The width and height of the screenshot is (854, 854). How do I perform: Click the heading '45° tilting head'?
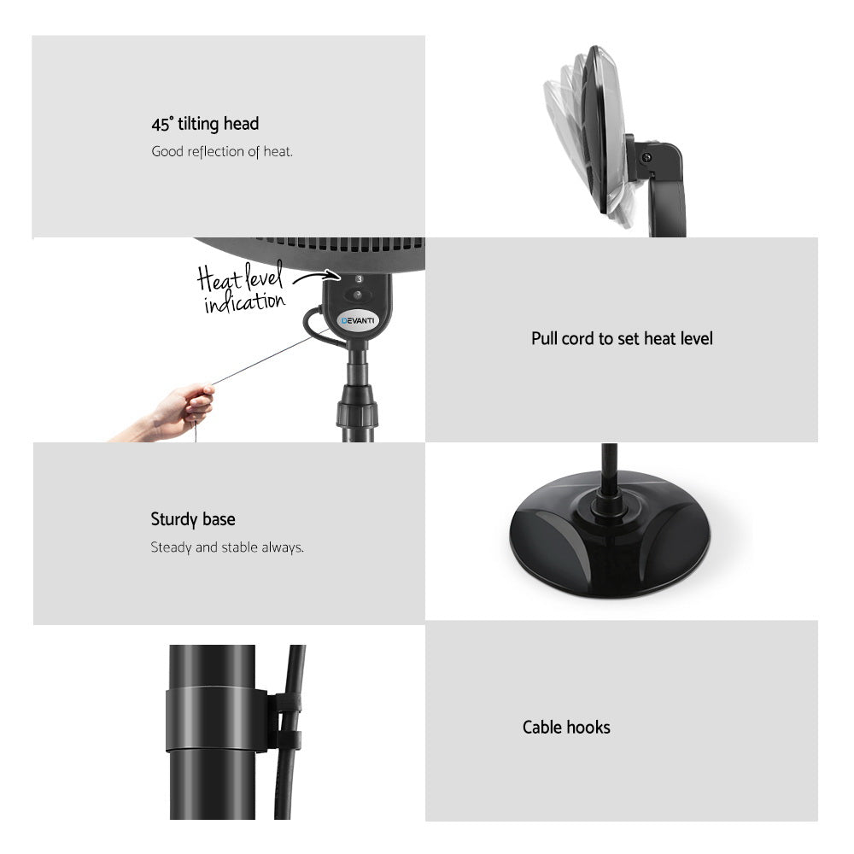pyautogui.click(x=205, y=124)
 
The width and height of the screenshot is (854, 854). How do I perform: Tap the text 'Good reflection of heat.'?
pyautogui.click(x=222, y=152)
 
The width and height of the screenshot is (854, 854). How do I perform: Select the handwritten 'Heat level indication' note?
pyautogui.click(x=242, y=290)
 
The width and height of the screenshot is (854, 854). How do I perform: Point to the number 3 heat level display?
pyautogui.click(x=359, y=279)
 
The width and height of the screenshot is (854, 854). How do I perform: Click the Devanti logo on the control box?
pyautogui.click(x=358, y=320)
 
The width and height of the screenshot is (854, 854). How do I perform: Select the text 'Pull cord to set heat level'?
pyautogui.click(x=622, y=339)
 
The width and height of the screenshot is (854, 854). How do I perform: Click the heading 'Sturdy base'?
pyautogui.click(x=193, y=519)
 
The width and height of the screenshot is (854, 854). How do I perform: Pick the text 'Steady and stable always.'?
pyautogui.click(x=227, y=547)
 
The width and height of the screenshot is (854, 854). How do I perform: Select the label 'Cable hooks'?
pyautogui.click(x=566, y=728)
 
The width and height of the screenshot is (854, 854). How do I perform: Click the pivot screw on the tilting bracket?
pyautogui.click(x=646, y=157)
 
